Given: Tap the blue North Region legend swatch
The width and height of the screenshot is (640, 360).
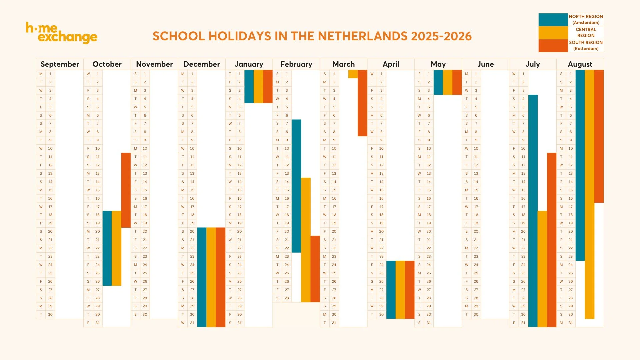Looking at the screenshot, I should pyautogui.click(x=553, y=20).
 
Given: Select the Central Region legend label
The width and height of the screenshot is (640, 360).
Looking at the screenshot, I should pyautogui.click(x=586, y=33).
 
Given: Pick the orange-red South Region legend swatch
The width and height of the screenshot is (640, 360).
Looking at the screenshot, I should pyautogui.click(x=553, y=46).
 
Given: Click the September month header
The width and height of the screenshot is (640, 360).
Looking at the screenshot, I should pyautogui.click(x=60, y=64).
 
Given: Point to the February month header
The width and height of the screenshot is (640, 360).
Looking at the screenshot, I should pyautogui.click(x=296, y=64).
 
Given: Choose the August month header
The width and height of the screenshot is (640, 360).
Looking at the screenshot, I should pyautogui.click(x=580, y=64).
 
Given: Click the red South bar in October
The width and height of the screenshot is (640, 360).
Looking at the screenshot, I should pyautogui.click(x=126, y=190).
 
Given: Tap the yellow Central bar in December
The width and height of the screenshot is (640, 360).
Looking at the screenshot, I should pyautogui.click(x=211, y=277).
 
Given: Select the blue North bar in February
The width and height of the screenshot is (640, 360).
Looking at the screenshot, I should pyautogui.click(x=296, y=186).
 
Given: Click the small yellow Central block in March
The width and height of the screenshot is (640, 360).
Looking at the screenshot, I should pyautogui.click(x=353, y=74).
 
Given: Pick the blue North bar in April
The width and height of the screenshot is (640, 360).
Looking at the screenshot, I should pyautogui.click(x=391, y=289).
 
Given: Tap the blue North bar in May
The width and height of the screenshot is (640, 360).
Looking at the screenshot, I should pyautogui.click(x=438, y=82).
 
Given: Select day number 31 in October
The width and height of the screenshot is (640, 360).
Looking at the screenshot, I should pyautogui.click(x=98, y=323).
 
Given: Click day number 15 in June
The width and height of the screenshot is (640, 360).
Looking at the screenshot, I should pyautogui.click(x=476, y=190).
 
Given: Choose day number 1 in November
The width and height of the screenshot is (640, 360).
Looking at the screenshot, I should pyautogui.click(x=145, y=74).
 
